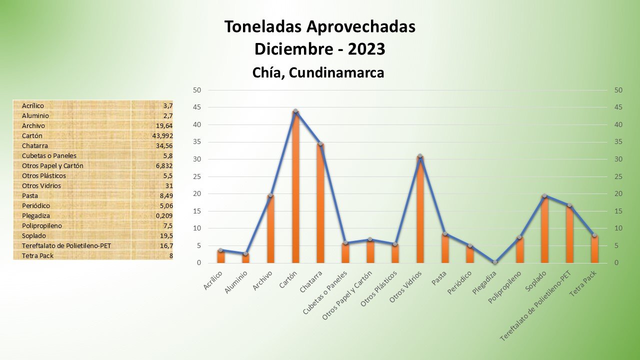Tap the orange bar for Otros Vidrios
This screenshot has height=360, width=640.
click(420, 210)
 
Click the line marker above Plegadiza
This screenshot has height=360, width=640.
click(495, 262)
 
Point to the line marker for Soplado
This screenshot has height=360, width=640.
click(544, 196)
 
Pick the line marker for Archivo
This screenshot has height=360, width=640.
click(270, 195)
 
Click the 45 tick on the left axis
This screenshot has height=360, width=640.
click(197, 107)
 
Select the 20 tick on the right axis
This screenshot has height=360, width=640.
click(618, 194)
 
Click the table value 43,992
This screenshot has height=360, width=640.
click(162, 135)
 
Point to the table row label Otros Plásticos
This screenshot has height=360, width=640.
click(44, 175)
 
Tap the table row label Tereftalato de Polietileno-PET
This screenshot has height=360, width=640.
click(66, 245)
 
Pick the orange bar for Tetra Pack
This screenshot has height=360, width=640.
click(594, 249)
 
